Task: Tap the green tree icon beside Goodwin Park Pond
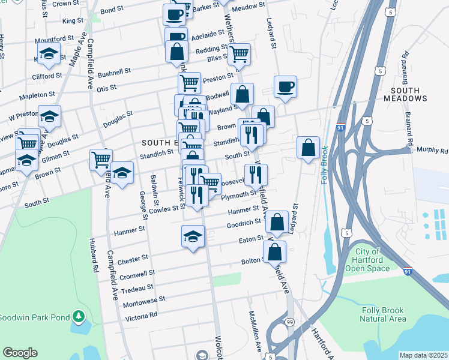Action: point(78,316)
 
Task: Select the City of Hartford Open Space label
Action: point(368,260)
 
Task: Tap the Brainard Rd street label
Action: point(406,67)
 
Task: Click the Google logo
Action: point(20,353)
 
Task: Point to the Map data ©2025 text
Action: point(423,355)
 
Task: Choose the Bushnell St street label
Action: point(114,73)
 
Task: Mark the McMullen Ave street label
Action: point(255,332)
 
